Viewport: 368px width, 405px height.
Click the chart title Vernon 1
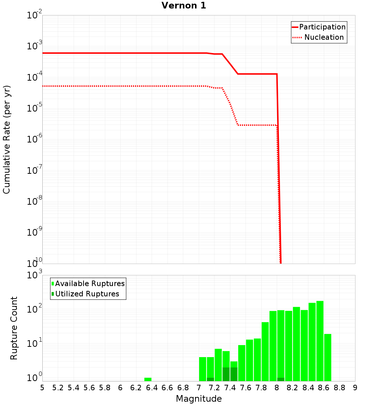pos(184,6)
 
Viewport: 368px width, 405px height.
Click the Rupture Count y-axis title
pos(14,328)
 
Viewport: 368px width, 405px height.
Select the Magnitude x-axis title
pos(199,398)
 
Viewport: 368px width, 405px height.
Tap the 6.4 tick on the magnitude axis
pos(152,387)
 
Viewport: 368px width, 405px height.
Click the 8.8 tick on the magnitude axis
pos(339,387)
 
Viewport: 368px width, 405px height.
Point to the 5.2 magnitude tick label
pos(58,387)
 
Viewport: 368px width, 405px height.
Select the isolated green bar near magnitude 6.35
pos(148,379)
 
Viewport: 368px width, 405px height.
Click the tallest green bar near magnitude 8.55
pos(320,341)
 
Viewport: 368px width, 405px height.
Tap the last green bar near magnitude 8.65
pos(328,357)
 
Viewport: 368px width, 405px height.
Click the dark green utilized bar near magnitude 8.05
pos(280,379)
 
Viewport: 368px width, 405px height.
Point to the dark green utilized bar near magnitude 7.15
pos(210,379)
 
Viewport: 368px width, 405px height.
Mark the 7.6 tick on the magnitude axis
pos(245,387)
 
